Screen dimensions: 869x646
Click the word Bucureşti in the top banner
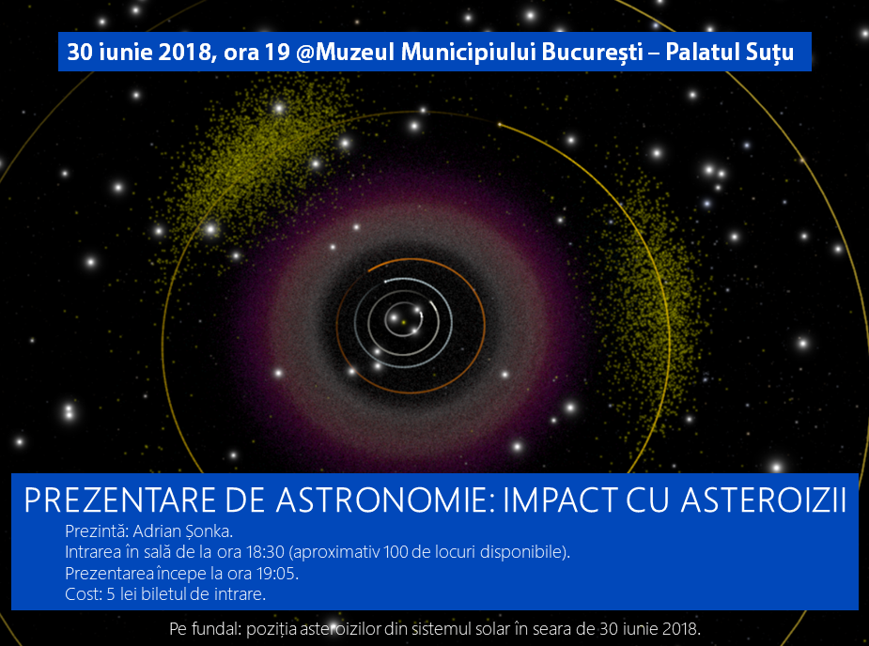[592, 52]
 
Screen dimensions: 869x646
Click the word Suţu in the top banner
[769, 53]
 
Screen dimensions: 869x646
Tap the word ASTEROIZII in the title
[764, 500]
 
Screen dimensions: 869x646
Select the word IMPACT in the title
[560, 500]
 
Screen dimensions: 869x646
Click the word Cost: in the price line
[84, 594]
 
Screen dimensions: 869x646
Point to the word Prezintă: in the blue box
[97, 531]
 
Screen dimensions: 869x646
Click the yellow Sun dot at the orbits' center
[404, 322]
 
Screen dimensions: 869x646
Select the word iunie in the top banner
[125, 52]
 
